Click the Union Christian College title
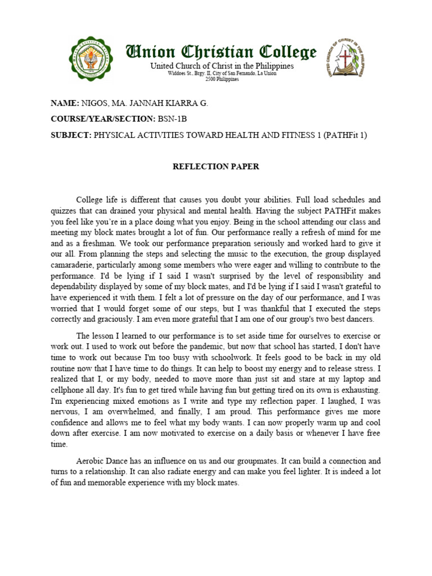pos(220,53)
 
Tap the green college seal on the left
pos(91,60)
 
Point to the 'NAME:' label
pos(65,103)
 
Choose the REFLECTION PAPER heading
pos(215,167)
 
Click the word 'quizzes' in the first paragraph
pos(65,210)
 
